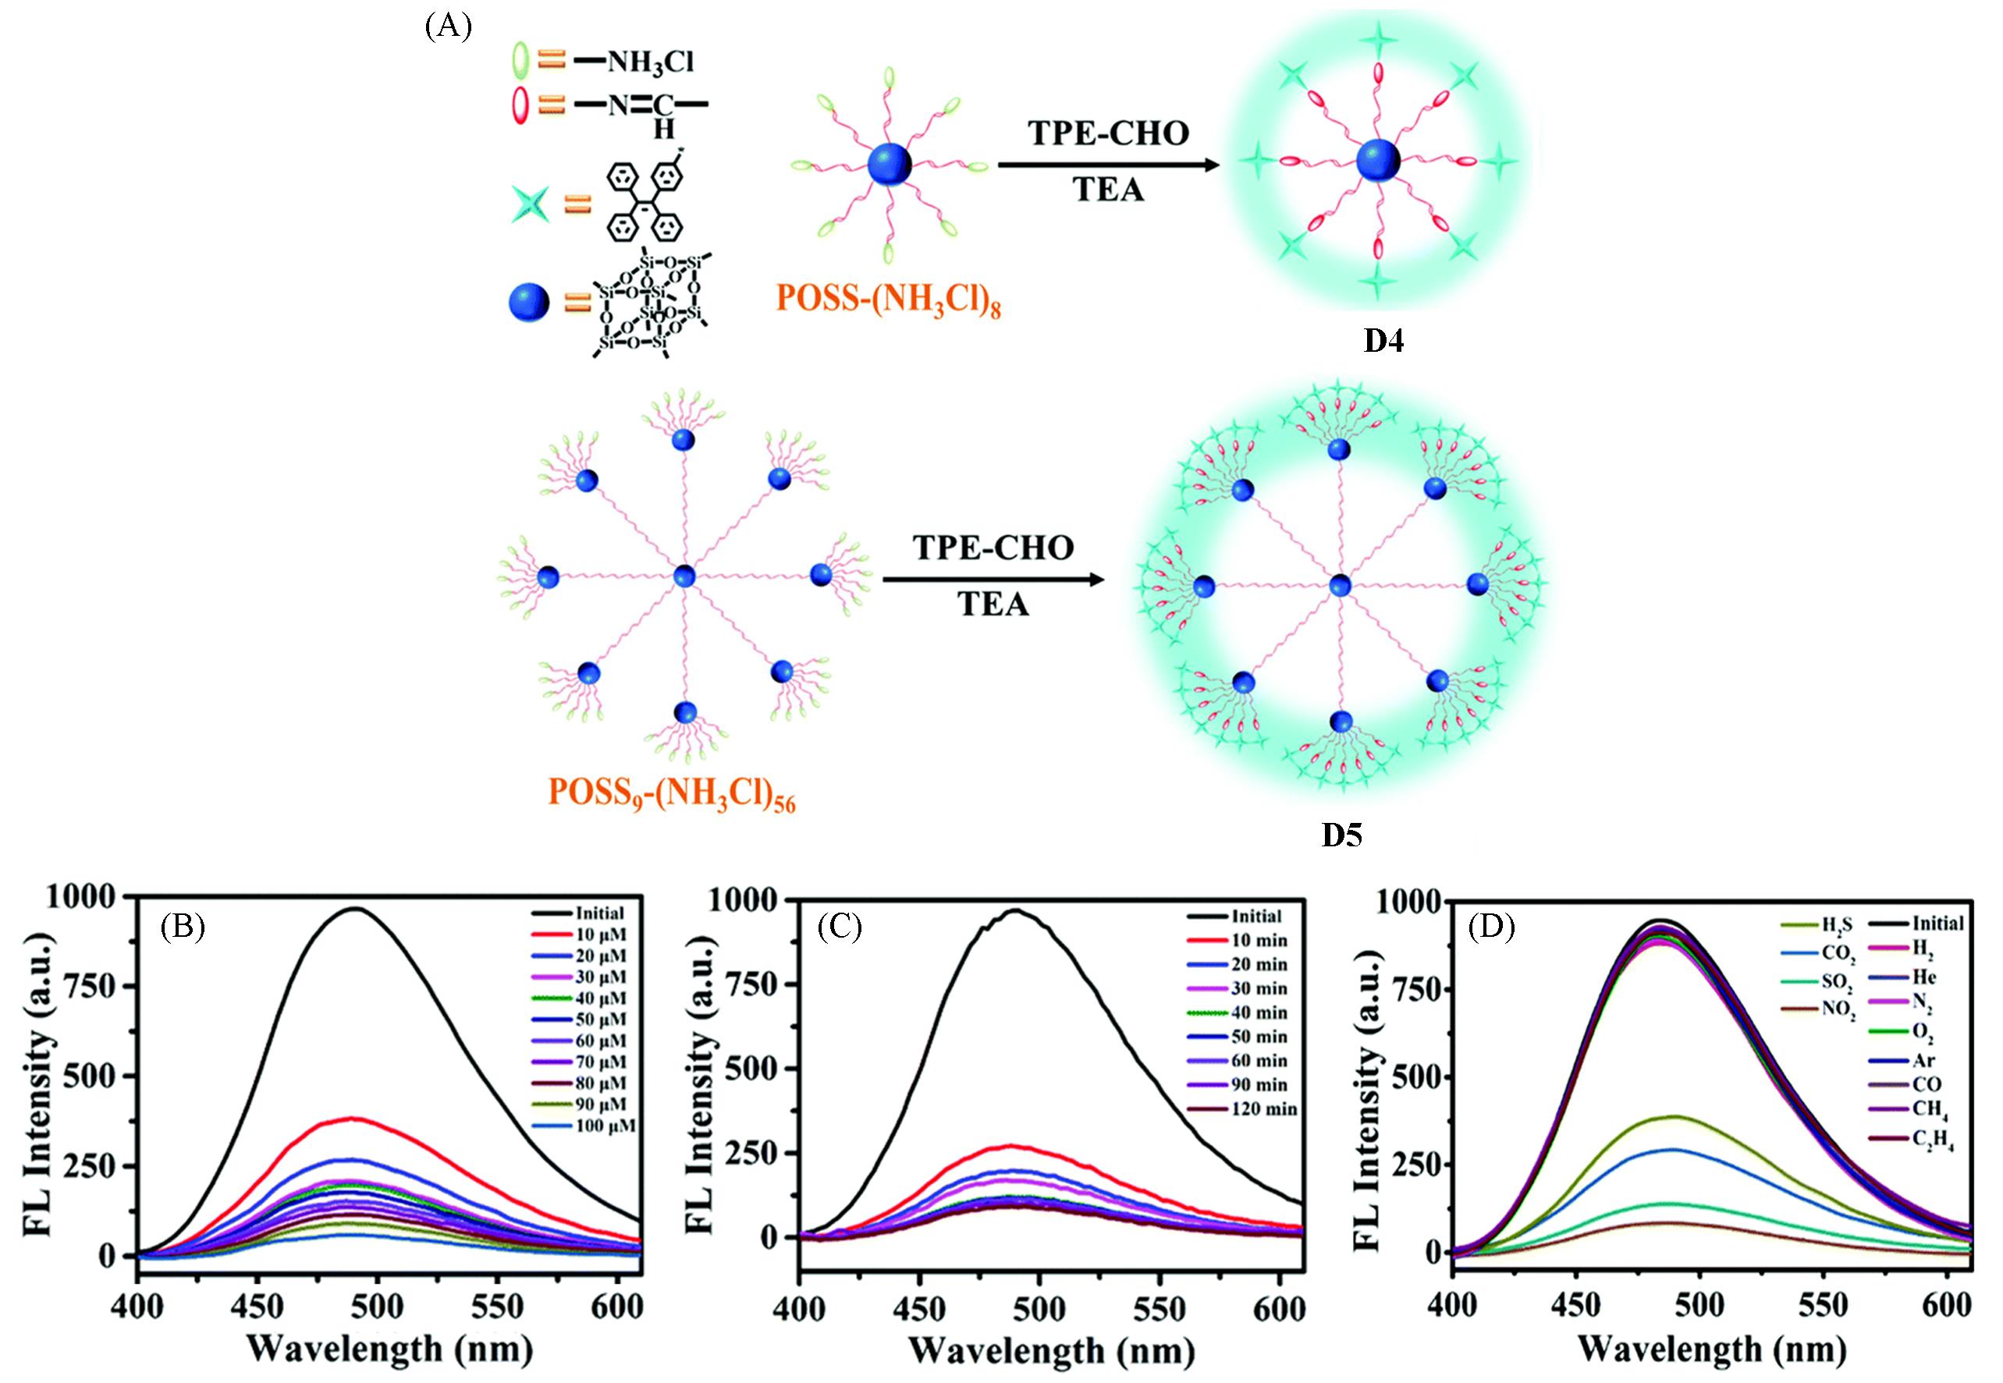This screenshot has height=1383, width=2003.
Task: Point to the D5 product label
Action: (x=1341, y=835)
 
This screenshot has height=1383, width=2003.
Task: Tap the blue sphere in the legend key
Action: (x=530, y=303)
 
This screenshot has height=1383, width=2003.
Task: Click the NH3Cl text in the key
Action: (x=650, y=62)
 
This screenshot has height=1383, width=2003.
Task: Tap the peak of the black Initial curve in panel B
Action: (x=355, y=908)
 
